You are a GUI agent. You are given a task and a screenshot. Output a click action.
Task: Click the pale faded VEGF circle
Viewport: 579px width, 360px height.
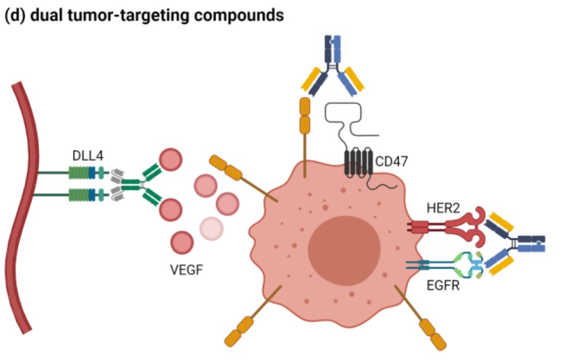click(211, 229)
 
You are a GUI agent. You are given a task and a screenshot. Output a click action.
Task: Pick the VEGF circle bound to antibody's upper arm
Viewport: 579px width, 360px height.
click(170, 160)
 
